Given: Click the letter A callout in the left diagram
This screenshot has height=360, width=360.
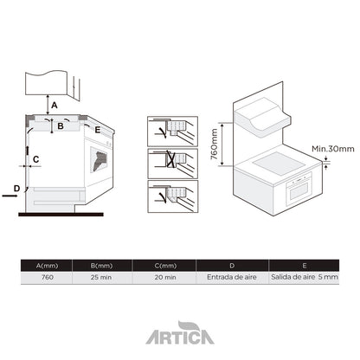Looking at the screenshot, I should [54, 105].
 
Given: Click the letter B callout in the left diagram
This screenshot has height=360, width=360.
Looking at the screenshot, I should [60, 126].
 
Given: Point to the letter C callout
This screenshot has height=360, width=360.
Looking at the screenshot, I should [35, 159].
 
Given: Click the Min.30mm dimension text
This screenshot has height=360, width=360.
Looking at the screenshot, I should [333, 149].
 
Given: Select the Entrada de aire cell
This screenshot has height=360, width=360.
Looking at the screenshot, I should [231, 278].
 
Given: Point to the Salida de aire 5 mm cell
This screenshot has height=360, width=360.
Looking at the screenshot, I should [303, 278].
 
